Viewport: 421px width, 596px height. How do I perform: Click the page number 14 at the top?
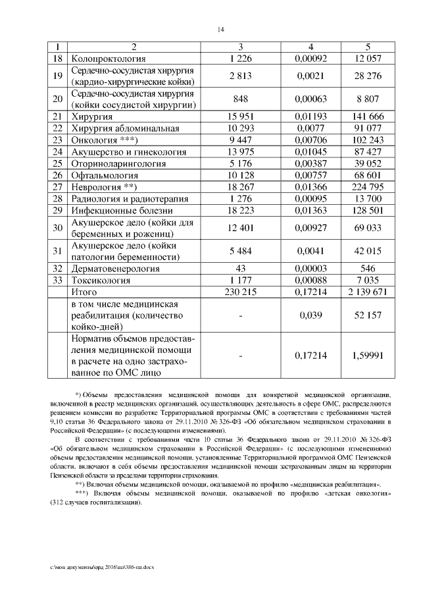pos(220,30)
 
